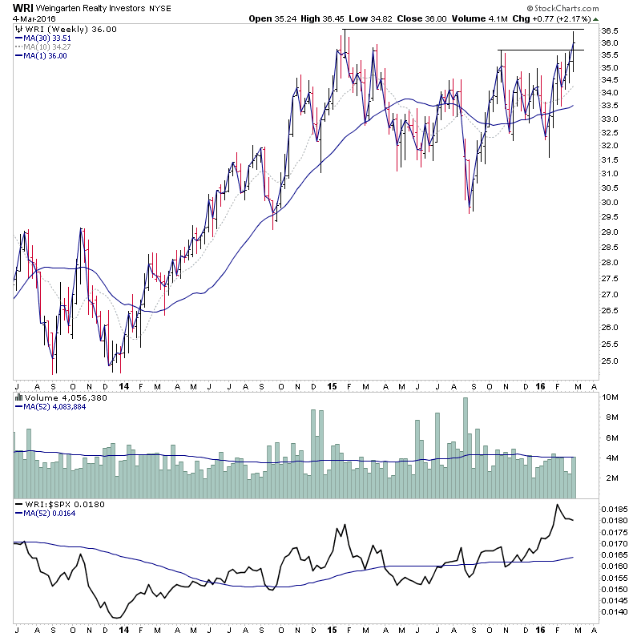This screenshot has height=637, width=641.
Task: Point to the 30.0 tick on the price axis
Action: pyautogui.click(x=609, y=203)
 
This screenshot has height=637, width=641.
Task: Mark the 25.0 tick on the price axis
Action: pyautogui.click(x=609, y=361)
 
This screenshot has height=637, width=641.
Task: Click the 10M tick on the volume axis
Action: pyautogui.click(x=609, y=397)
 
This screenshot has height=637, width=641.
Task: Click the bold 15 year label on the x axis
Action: pyautogui.click(x=333, y=386)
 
